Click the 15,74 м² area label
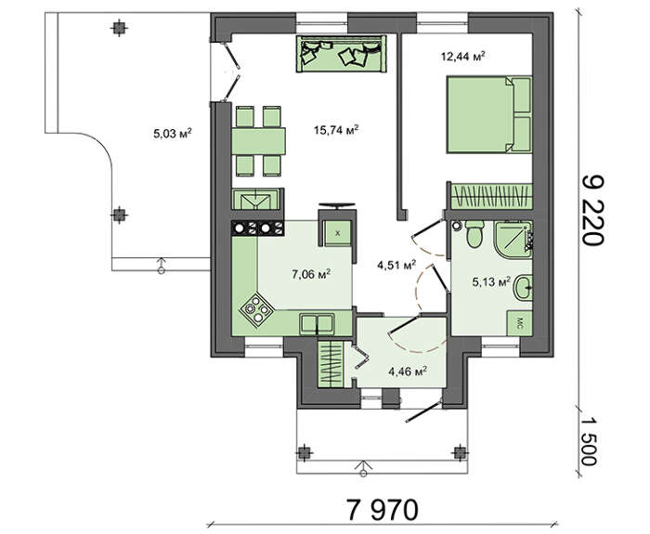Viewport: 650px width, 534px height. click(336, 130)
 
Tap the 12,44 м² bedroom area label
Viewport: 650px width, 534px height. click(463, 56)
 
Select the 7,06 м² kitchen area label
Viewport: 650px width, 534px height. click(311, 274)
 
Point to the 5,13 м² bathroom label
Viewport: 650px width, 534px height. click(491, 282)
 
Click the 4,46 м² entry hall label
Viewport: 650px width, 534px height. click(408, 371)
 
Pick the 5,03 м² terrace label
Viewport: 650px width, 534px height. click(173, 134)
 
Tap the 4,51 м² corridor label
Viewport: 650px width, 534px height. click(396, 265)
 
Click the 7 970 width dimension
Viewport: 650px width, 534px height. click(382, 510)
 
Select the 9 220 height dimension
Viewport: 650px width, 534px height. click(593, 210)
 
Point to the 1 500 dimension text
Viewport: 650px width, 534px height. click(588, 441)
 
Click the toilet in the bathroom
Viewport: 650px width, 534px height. click(474, 234)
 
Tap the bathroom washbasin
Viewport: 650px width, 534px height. click(523, 286)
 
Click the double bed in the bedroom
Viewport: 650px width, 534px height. click(488, 114)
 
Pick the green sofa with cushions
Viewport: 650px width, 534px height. click(341, 54)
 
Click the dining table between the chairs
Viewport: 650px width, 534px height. click(259, 141)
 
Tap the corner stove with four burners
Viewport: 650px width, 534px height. click(256, 309)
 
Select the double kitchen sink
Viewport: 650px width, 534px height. click(318, 323)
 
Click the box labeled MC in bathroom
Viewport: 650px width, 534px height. click(519, 323)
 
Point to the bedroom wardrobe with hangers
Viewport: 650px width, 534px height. click(491, 196)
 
